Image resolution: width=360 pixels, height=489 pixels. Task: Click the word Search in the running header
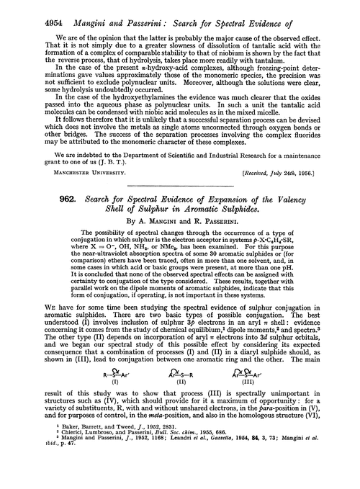pyautogui.click(x=189, y=11)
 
